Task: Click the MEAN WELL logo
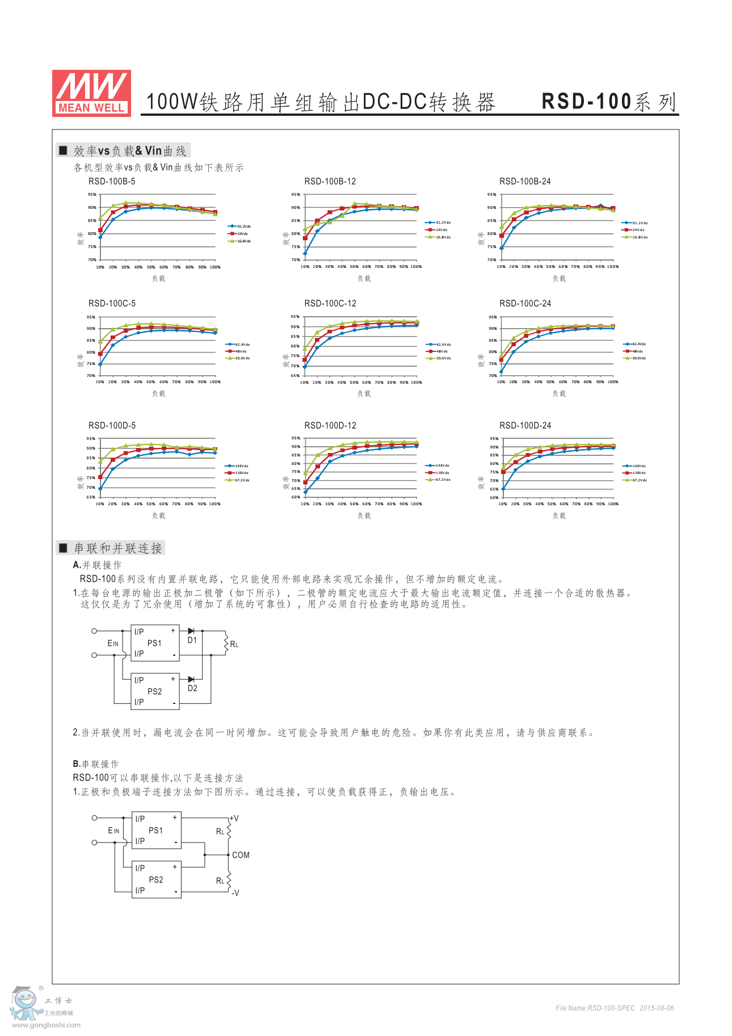pos(91,94)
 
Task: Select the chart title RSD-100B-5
pos(112,182)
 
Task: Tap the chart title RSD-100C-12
pos(330,304)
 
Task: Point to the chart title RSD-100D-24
pos(525,426)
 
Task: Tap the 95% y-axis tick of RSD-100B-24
pos(491,195)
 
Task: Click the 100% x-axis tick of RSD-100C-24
pos(613,382)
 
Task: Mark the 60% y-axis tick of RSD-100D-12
pos(296,497)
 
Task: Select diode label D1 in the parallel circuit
pos(192,640)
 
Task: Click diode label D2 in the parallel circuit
pos(192,689)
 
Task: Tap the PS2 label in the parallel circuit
pos(154,691)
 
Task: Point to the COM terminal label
pos(241,855)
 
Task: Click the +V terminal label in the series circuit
pos(234,819)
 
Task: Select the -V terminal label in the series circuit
pos(235,893)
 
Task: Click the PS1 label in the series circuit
pos(155,831)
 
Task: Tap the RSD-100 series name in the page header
pos(609,102)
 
